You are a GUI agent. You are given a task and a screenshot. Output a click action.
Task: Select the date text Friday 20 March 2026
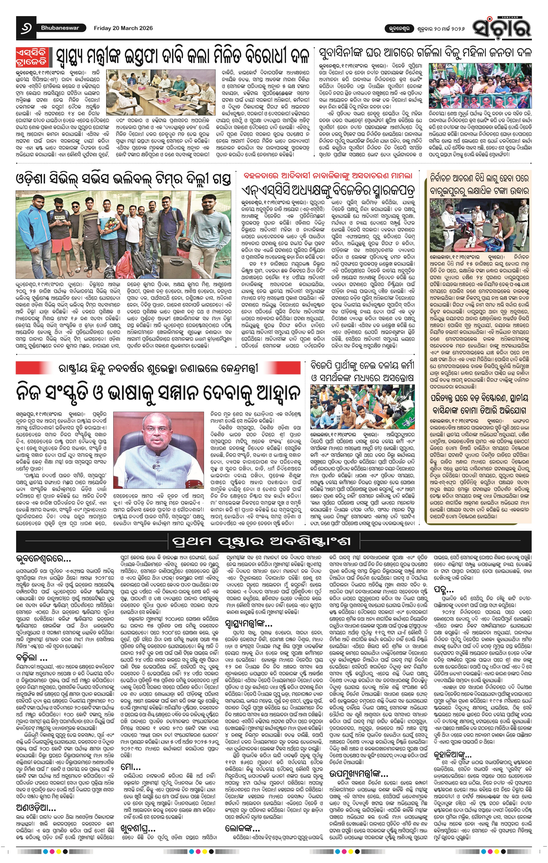(123, 28)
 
